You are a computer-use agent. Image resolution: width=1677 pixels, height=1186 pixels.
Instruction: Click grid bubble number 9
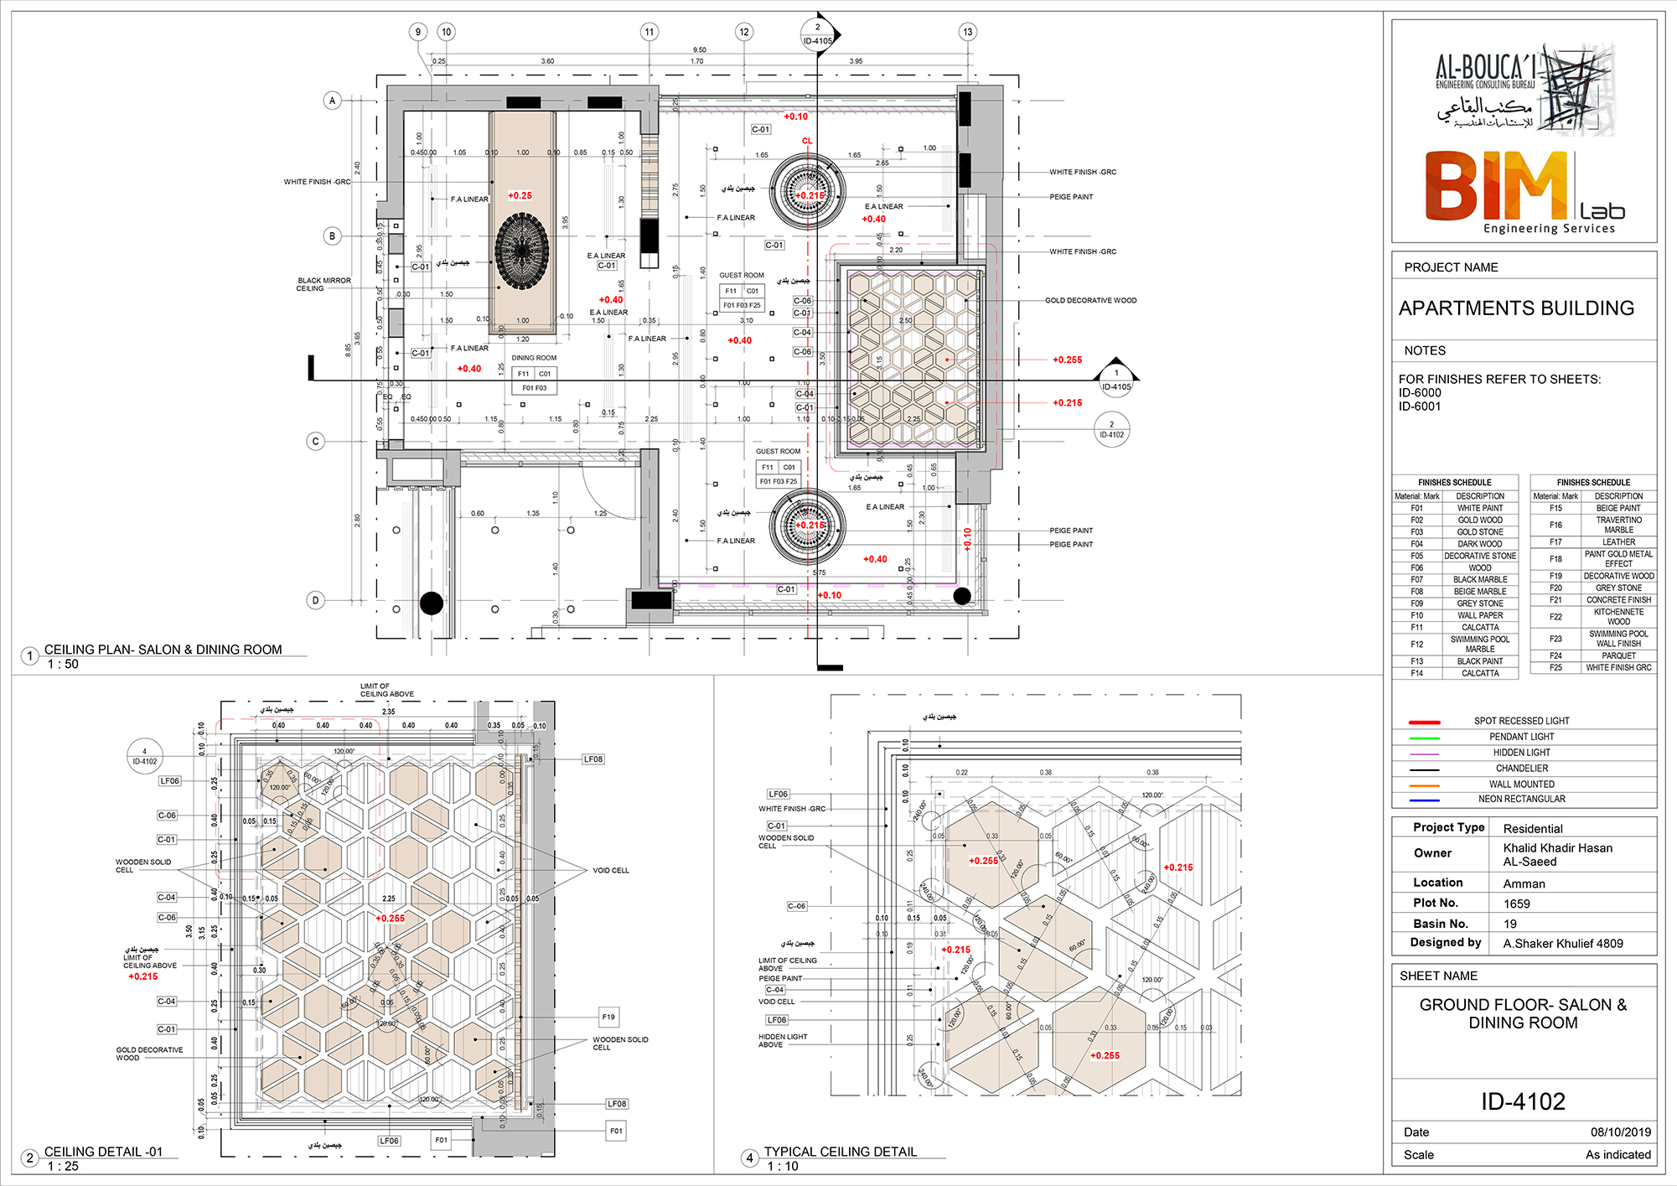[x=418, y=32]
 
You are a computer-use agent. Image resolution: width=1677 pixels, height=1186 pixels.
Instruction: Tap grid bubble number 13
[x=968, y=32]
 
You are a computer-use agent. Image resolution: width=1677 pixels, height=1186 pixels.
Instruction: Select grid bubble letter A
[x=333, y=101]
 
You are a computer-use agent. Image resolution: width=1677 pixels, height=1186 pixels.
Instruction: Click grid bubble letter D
[x=316, y=600]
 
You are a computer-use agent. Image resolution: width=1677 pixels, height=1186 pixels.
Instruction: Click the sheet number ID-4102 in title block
[x=1523, y=1101]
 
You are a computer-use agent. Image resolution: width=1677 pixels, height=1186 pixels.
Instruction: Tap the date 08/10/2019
[x=1620, y=1132]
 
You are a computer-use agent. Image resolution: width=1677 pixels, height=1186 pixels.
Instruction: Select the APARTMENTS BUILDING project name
[x=1516, y=308]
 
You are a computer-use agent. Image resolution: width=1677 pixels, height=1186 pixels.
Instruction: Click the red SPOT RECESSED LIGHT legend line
[x=1424, y=722]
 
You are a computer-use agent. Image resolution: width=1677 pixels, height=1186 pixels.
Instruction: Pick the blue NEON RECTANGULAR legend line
[x=1424, y=800]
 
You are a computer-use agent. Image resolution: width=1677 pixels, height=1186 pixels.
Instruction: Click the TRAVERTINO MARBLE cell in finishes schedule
[x=1618, y=525]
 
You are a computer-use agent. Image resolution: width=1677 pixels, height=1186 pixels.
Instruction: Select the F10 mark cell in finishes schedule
[x=1416, y=615]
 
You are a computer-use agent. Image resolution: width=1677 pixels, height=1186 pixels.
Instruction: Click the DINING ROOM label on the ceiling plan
[x=534, y=358]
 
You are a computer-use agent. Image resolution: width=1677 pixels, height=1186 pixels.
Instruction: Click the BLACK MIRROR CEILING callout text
[x=323, y=284]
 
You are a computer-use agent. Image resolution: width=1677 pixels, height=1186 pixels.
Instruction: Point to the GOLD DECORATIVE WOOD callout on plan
[x=1090, y=300]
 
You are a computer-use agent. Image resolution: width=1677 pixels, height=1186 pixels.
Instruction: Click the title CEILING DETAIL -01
[x=103, y=1152]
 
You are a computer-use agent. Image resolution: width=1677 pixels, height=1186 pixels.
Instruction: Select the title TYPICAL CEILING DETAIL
[x=840, y=1152]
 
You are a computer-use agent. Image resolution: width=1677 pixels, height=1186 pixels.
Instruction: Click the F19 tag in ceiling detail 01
[x=608, y=1017]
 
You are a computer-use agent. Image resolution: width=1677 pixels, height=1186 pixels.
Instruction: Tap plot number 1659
[x=1516, y=904]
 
